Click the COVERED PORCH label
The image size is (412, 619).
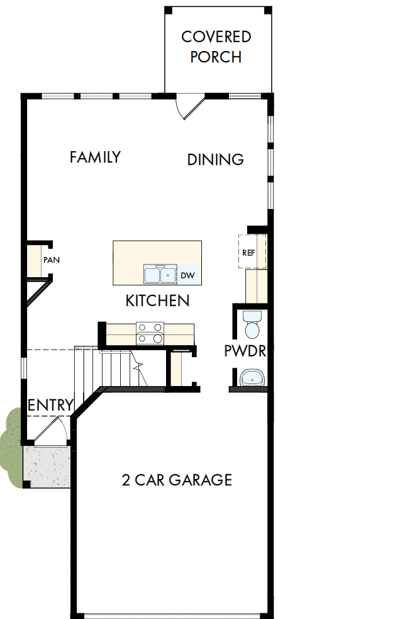pos(216,47)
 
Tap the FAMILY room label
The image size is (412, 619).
pos(95,157)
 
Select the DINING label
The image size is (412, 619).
pos(215,160)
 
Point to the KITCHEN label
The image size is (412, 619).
pos(157,301)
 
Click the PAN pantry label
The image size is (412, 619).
pos(52,260)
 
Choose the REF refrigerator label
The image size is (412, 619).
pos(248,252)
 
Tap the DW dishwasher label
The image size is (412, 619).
pos(187,275)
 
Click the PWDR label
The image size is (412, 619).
pos(245,351)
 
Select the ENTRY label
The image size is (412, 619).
pos(50,405)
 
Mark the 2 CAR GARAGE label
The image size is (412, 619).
pos(177,480)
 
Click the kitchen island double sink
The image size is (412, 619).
pos(160,275)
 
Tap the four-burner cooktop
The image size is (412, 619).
pos(150,332)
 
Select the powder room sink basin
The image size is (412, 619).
pos(253,378)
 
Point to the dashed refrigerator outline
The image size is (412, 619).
pos(253,251)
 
